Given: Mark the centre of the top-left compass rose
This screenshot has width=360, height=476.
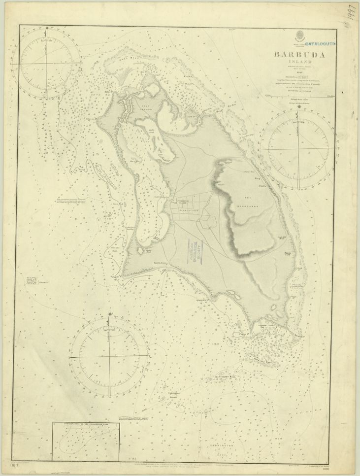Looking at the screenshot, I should pos(48,63).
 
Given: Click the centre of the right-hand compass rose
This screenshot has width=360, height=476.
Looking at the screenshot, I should pos(295,149).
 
